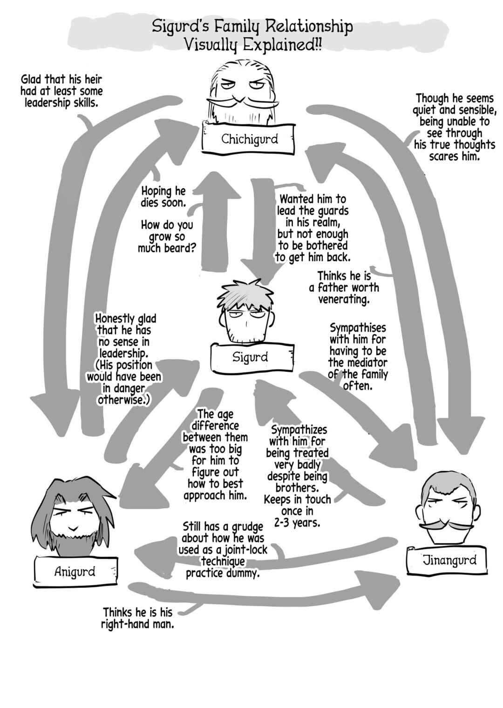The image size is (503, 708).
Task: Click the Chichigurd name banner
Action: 249,138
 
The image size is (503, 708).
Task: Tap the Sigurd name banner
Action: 252,357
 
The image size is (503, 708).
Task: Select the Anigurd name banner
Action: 75,571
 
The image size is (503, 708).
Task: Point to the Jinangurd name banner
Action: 446,560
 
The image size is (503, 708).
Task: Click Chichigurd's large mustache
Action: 242,102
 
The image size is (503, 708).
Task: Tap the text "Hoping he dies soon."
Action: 163,197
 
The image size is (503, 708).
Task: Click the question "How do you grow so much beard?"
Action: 167,237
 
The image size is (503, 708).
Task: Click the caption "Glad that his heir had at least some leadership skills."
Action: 61,91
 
